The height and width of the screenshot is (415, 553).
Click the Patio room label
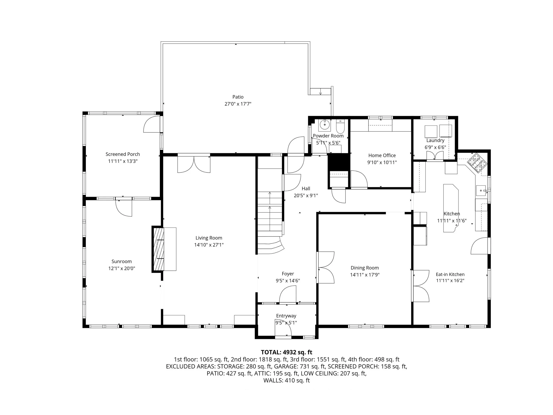(238, 97)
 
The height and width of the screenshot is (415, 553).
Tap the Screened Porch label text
(123, 154)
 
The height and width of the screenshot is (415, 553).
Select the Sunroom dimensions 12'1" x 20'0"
(121, 268)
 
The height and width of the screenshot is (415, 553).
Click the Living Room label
(209, 238)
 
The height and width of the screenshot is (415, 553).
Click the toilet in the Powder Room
(340, 127)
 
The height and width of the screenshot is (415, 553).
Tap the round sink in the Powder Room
(325, 125)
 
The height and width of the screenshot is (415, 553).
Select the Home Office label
(382, 155)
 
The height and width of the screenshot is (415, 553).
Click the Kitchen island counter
(451, 208)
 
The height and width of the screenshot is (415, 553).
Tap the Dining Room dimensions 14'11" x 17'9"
(365, 275)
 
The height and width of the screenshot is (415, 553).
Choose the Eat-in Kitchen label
(450, 274)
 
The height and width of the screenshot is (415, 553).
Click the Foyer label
(288, 274)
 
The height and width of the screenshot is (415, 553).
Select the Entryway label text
(286, 316)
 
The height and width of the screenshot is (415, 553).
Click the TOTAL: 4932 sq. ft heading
(286, 352)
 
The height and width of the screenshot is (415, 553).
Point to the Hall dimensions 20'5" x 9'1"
(306, 196)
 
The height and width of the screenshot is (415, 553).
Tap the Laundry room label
(435, 140)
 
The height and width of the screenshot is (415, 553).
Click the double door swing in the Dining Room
(326, 267)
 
